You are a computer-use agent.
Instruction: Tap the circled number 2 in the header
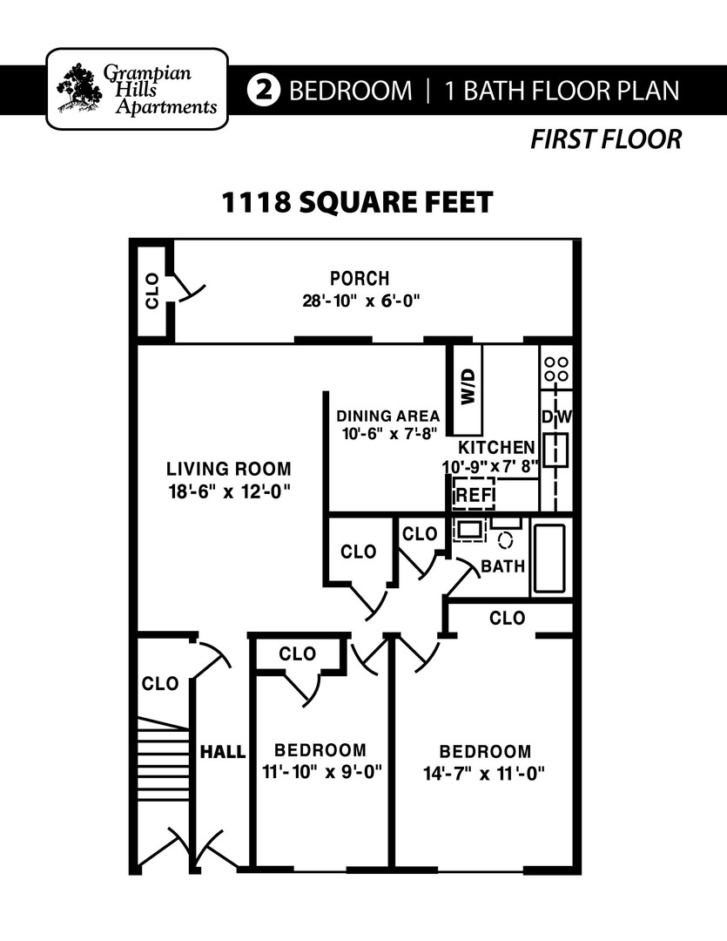(x=263, y=90)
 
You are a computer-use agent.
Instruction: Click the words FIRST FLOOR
(x=606, y=139)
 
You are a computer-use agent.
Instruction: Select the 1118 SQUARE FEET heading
(x=358, y=202)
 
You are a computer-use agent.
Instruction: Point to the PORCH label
(x=360, y=279)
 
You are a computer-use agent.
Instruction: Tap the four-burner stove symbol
(x=556, y=369)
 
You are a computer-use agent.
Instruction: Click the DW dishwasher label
(x=556, y=416)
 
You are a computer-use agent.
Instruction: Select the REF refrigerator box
(x=474, y=494)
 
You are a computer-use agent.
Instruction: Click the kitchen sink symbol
(x=556, y=450)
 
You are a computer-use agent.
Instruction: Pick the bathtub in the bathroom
(x=549, y=559)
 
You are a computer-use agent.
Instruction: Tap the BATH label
(x=502, y=566)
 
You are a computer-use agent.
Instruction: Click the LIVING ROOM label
(x=228, y=469)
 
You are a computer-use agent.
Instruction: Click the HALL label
(x=223, y=752)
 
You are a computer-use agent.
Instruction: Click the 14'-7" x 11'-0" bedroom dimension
(x=484, y=775)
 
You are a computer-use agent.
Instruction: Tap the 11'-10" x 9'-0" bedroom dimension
(x=322, y=772)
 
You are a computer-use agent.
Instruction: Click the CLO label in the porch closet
(x=152, y=291)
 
